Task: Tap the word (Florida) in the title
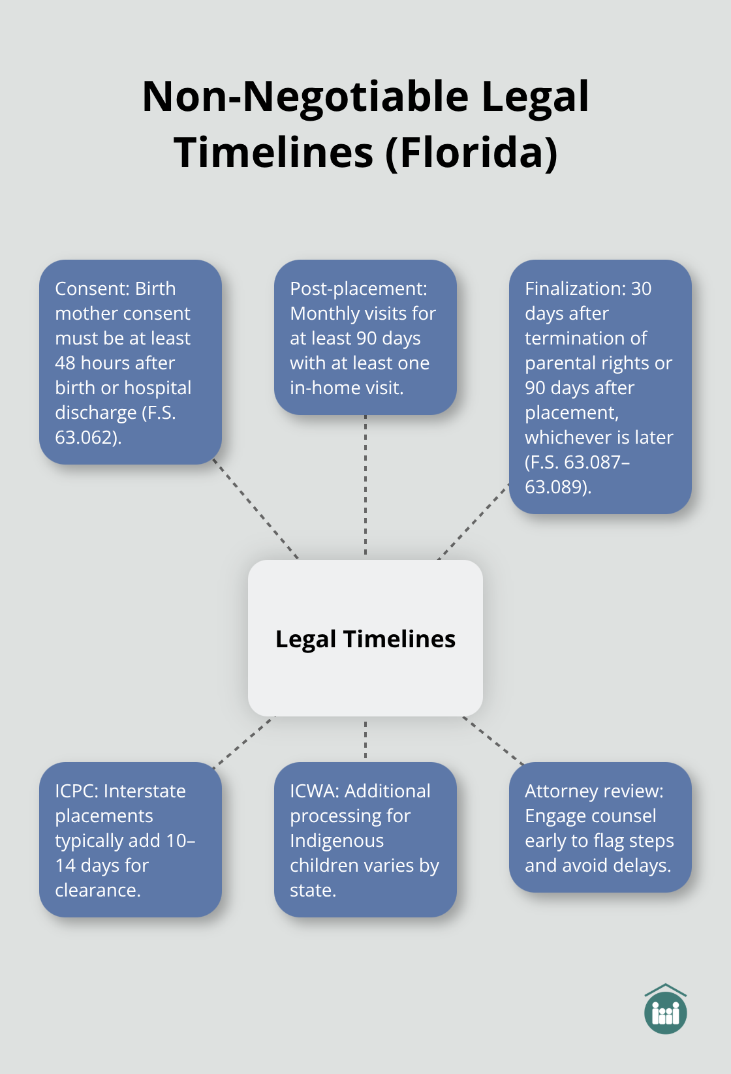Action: tap(471, 153)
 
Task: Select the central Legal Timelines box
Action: tap(365, 638)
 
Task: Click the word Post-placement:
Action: tap(358, 288)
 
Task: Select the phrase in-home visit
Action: tap(346, 388)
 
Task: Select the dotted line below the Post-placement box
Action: tap(365, 486)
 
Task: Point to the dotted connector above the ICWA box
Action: tap(365, 739)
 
